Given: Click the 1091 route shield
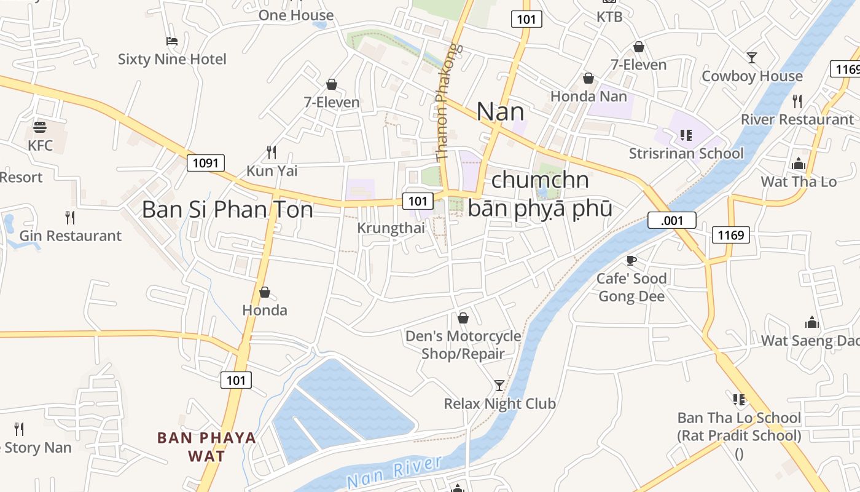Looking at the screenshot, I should (x=205, y=163).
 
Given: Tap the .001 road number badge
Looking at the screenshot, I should (x=671, y=220).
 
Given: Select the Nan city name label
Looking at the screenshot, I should (x=500, y=112).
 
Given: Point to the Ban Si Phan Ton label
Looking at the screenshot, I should (x=227, y=209).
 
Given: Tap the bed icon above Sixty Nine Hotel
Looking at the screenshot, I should (x=172, y=41).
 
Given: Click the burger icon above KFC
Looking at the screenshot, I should (x=40, y=127).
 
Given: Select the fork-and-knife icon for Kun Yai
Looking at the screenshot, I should (x=272, y=151).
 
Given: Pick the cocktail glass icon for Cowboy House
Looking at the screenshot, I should (x=751, y=58).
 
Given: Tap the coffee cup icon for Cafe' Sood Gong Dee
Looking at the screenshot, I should (x=631, y=260).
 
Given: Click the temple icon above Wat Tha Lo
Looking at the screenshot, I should (x=799, y=164).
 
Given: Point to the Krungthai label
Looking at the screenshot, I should (x=391, y=228).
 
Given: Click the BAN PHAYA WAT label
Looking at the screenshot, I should (x=206, y=447).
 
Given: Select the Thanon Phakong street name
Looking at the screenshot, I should (x=447, y=101).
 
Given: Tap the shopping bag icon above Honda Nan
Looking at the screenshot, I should (x=588, y=78).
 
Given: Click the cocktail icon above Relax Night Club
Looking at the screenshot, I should (x=499, y=386).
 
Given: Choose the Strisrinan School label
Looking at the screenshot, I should (x=686, y=153).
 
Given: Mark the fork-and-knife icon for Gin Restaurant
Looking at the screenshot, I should (x=70, y=217).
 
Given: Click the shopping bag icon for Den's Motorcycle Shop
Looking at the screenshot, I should (x=463, y=318).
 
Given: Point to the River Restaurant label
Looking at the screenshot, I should (x=797, y=119).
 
